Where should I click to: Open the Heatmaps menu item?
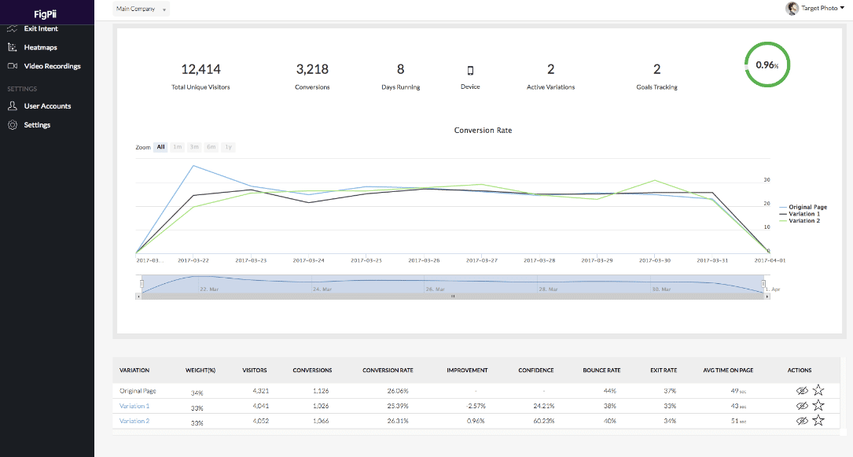coord(40,47)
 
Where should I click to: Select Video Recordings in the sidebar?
coord(52,66)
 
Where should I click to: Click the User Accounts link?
coord(47,106)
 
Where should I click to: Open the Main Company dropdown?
coord(141,9)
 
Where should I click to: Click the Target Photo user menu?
coord(815,8)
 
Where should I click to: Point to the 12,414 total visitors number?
coord(200,69)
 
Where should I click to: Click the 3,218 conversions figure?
coord(312,69)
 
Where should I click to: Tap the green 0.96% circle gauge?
coord(767,65)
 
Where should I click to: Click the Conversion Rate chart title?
coord(483,130)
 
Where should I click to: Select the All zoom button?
coord(160,147)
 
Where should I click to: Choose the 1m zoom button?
coord(178,147)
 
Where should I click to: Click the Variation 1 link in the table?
coord(134,406)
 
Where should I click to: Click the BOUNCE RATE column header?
coord(601,370)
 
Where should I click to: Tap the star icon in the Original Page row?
coord(818,389)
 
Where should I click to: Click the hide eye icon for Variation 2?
coord(802,421)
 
